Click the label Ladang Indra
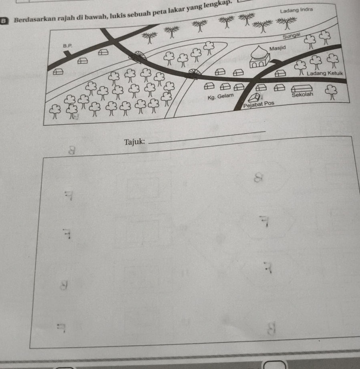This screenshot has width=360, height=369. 296,9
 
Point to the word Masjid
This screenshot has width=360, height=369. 279,48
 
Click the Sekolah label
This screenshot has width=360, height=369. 303,95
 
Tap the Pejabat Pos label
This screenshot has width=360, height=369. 259,103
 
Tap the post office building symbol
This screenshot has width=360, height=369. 253,97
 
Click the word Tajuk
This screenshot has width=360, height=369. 134,141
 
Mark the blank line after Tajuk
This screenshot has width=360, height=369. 208,137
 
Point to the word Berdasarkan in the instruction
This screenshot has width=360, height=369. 32,19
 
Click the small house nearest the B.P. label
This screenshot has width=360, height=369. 82,60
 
